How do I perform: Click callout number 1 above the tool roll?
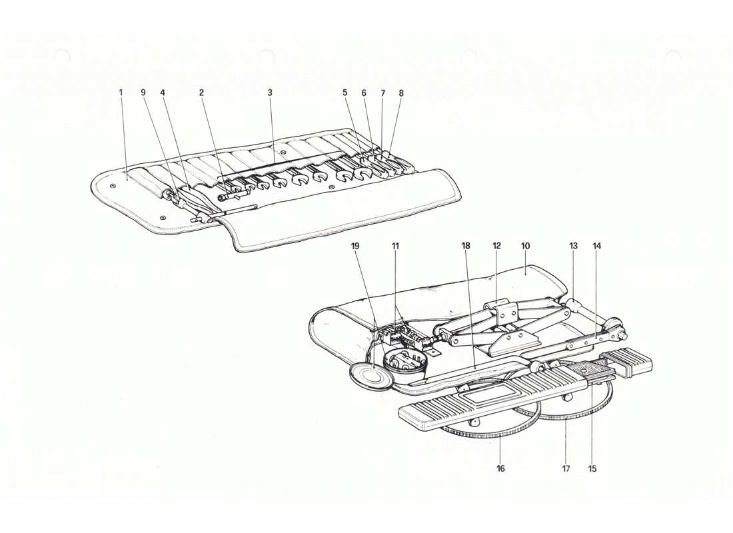[x=121, y=93]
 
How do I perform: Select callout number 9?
[x=143, y=93]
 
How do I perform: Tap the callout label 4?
[x=162, y=93]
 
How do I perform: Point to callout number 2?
[x=201, y=93]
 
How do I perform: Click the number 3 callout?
[x=270, y=93]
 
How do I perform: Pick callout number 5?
[x=345, y=93]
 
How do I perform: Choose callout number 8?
[x=401, y=93]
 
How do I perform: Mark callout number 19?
[x=355, y=246]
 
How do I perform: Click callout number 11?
[x=395, y=246]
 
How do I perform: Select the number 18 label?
[x=465, y=246]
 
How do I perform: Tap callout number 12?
[x=496, y=246]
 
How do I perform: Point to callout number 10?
[x=525, y=246]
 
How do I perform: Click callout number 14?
[x=596, y=246]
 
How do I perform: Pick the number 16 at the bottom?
[x=500, y=468]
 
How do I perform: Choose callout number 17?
[x=566, y=468]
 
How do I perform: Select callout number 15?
[x=592, y=468]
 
